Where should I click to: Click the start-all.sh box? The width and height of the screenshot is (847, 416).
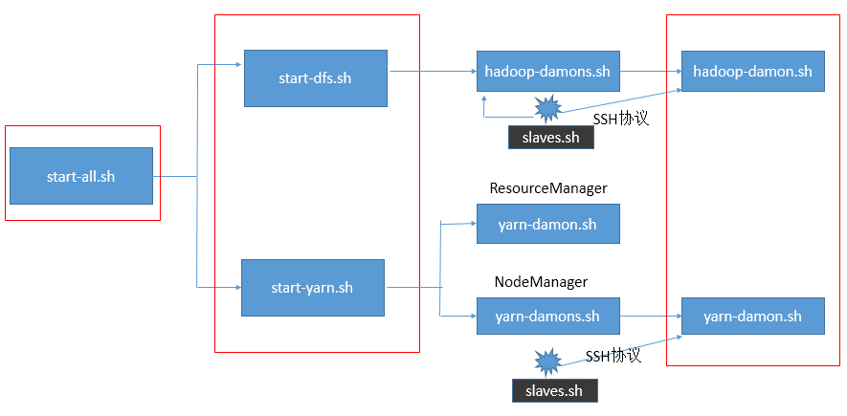click(x=81, y=176)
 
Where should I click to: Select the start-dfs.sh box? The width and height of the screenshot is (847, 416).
click(x=316, y=78)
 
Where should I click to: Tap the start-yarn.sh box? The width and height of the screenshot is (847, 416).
click(x=313, y=288)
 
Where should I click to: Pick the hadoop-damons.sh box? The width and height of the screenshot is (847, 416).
click(x=547, y=71)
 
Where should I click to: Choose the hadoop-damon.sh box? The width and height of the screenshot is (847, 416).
click(x=753, y=71)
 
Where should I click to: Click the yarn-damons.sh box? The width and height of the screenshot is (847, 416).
click(x=547, y=316)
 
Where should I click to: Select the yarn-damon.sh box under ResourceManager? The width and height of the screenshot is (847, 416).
click(x=547, y=224)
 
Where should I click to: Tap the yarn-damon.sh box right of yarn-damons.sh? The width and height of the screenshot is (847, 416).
click(x=753, y=316)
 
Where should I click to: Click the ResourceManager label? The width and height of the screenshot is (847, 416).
click(x=548, y=188)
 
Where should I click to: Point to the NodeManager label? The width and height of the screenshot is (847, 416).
click(x=541, y=282)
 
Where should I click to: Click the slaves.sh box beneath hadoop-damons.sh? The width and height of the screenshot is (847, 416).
click(x=551, y=138)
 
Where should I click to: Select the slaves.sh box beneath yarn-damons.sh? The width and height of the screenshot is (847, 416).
click(x=555, y=390)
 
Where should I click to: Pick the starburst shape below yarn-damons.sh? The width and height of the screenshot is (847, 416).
click(x=547, y=361)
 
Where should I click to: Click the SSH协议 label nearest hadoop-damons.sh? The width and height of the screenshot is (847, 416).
click(x=621, y=119)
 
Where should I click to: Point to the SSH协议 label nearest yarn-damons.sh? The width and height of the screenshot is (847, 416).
click(x=613, y=356)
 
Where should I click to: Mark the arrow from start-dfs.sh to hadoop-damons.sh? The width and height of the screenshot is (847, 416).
click(x=433, y=71)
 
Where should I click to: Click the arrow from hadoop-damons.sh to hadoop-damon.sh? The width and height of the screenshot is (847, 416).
click(x=651, y=71)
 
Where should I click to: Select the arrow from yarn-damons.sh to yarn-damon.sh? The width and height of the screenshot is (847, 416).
click(x=651, y=316)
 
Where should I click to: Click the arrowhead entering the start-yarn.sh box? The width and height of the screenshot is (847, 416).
click(x=237, y=288)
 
